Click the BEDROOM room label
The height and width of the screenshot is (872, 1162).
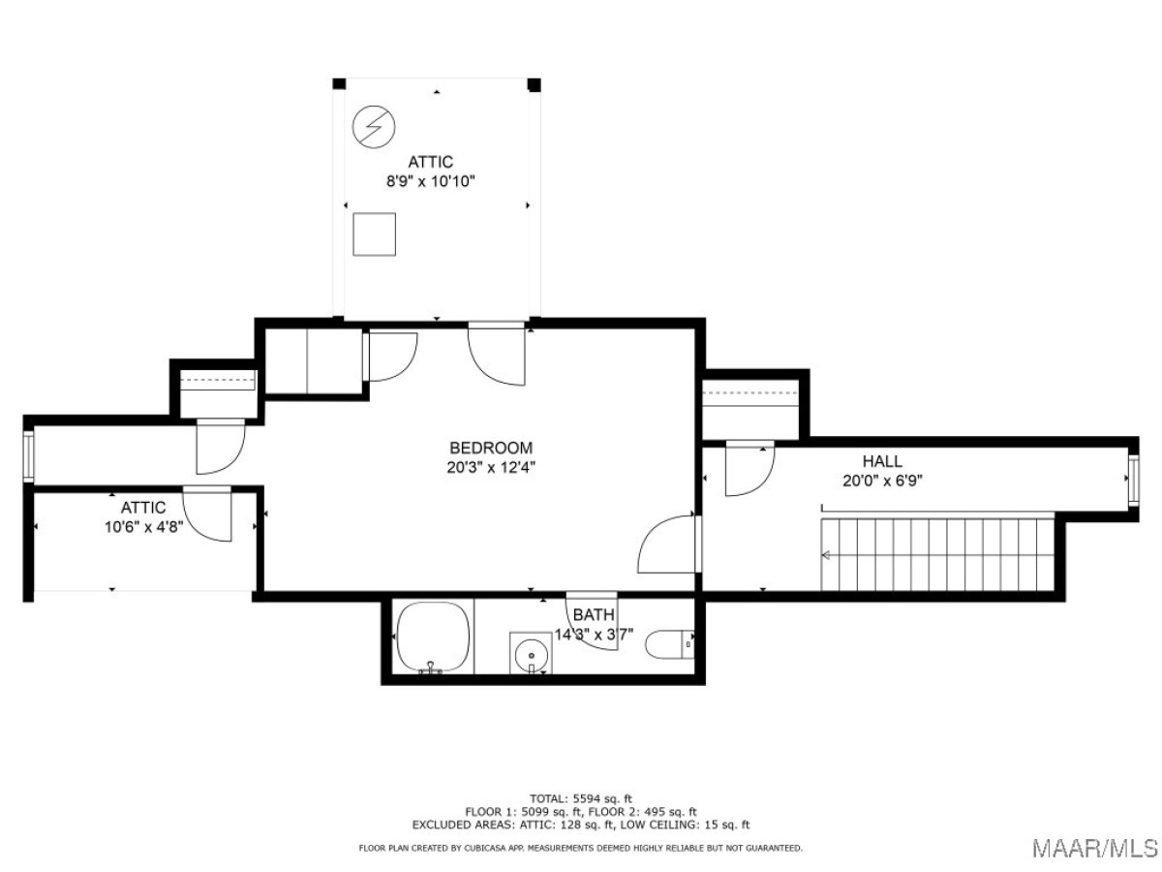pos(491,448)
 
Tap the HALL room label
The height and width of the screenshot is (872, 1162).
pos(882,461)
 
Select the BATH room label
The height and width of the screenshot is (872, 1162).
pos(594,614)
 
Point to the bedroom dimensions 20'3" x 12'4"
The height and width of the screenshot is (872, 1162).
pos(491,468)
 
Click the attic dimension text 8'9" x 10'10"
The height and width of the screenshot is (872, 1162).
pos(430,181)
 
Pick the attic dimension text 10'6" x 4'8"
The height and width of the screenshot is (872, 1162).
pos(143,527)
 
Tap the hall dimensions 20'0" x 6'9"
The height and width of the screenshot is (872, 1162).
pos(882,481)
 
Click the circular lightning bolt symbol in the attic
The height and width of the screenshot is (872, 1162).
pos(374,127)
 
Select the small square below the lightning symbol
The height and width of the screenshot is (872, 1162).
pos(375,234)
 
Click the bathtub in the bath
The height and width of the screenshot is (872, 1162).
pos(433,638)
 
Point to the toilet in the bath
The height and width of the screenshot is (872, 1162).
pos(669,644)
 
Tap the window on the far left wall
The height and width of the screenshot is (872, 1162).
pos(29,456)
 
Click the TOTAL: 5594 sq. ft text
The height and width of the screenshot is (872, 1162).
pos(581,798)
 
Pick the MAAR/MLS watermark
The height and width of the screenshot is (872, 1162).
pos(1095,848)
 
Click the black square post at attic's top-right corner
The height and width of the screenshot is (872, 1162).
pos(535,84)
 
